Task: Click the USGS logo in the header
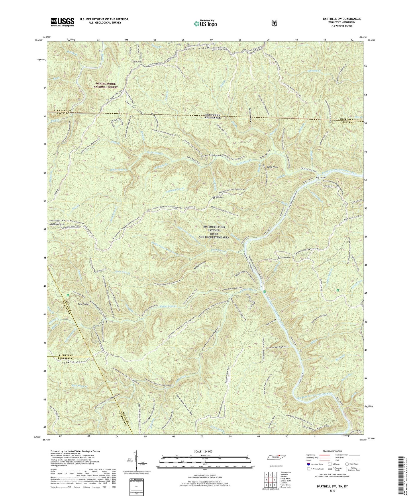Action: [x=62, y=22]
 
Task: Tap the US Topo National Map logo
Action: [x=205, y=23]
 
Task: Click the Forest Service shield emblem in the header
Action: [x=274, y=23]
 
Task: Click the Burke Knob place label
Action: [x=272, y=167]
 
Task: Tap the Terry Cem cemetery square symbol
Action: [x=214, y=198]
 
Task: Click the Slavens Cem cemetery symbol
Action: [x=279, y=258]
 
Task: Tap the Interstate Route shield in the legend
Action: [x=308, y=464]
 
